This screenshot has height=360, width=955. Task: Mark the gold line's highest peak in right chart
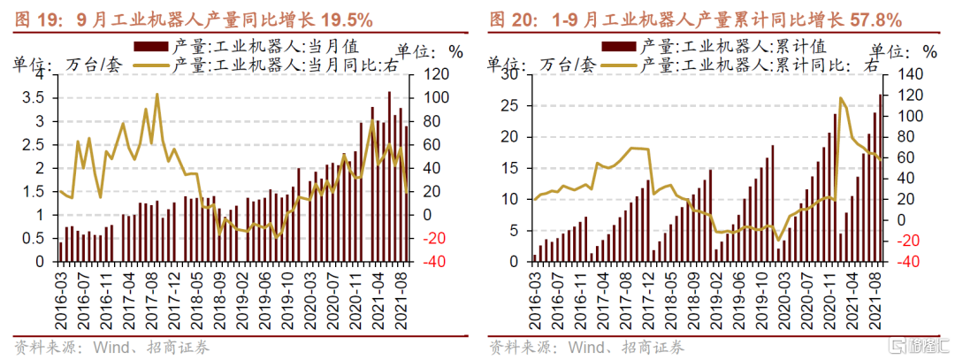click(840, 97)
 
